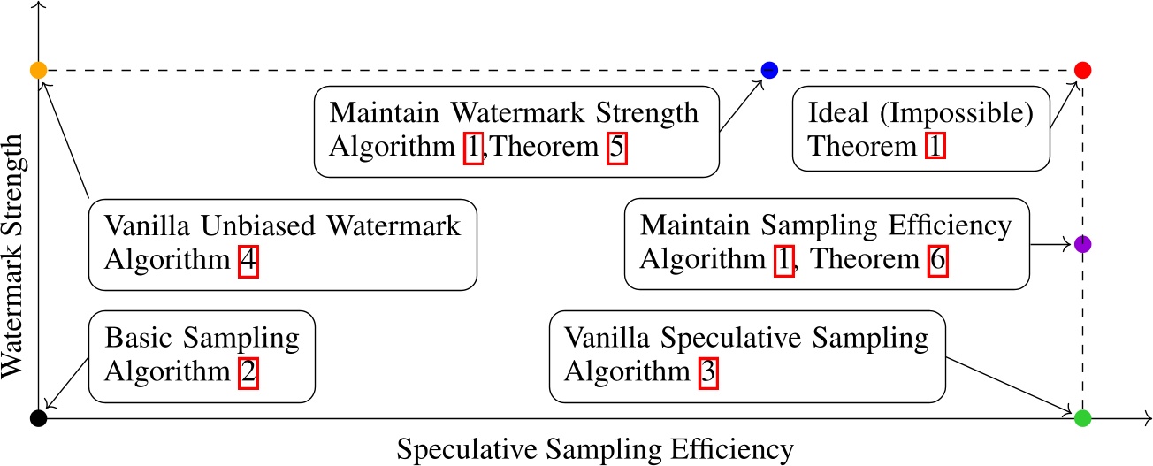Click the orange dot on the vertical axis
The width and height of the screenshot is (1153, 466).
(38, 69)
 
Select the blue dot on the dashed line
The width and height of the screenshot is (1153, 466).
(769, 70)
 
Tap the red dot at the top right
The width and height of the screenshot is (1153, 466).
(1083, 70)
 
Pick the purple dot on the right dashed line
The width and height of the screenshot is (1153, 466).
(1083, 244)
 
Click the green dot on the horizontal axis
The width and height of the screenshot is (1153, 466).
(1083, 418)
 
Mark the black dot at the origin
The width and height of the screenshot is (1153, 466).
(38, 418)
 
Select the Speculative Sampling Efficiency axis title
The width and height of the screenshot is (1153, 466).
(595, 449)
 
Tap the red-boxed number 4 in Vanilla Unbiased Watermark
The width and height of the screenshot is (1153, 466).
(248, 262)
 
